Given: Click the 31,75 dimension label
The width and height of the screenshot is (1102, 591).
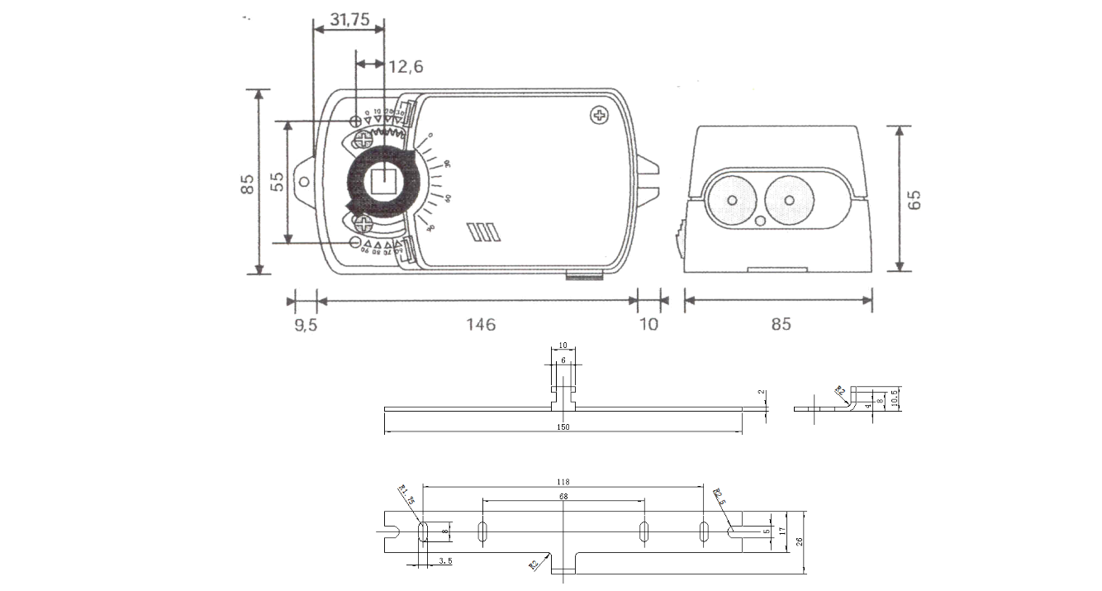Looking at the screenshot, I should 349,20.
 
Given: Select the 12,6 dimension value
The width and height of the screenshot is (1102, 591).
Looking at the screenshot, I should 406,66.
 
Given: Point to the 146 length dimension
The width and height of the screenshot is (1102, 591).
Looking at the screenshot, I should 480,324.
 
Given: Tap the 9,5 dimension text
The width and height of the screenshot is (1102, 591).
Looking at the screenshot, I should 306,324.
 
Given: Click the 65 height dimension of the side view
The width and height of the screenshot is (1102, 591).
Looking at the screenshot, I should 914,199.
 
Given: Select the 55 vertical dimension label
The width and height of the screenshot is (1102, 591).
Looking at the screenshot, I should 277,182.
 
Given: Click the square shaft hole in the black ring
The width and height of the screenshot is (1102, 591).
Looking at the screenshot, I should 382,180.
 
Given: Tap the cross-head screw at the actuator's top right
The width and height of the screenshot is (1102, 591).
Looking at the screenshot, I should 598,116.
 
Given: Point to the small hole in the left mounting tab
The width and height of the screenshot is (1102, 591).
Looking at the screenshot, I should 305,181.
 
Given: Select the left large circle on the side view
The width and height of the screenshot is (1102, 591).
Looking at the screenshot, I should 731,200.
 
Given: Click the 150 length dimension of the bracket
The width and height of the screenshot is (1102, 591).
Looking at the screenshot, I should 563,427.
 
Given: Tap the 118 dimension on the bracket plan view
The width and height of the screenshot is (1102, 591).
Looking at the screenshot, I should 563,482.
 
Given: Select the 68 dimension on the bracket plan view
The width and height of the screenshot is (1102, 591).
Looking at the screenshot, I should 563,497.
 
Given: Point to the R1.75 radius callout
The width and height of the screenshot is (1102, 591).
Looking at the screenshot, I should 406,497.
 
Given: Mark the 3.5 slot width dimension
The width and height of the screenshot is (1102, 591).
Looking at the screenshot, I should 444,561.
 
